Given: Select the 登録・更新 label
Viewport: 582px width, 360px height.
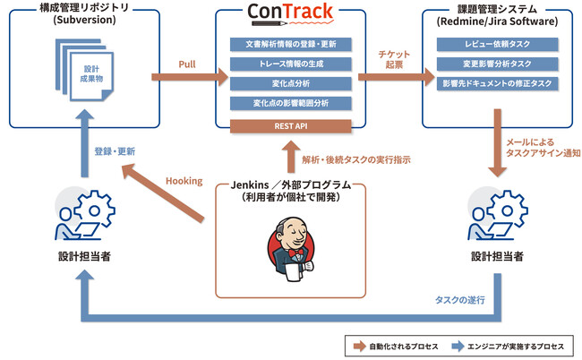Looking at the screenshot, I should pyautogui.click(x=115, y=151).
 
